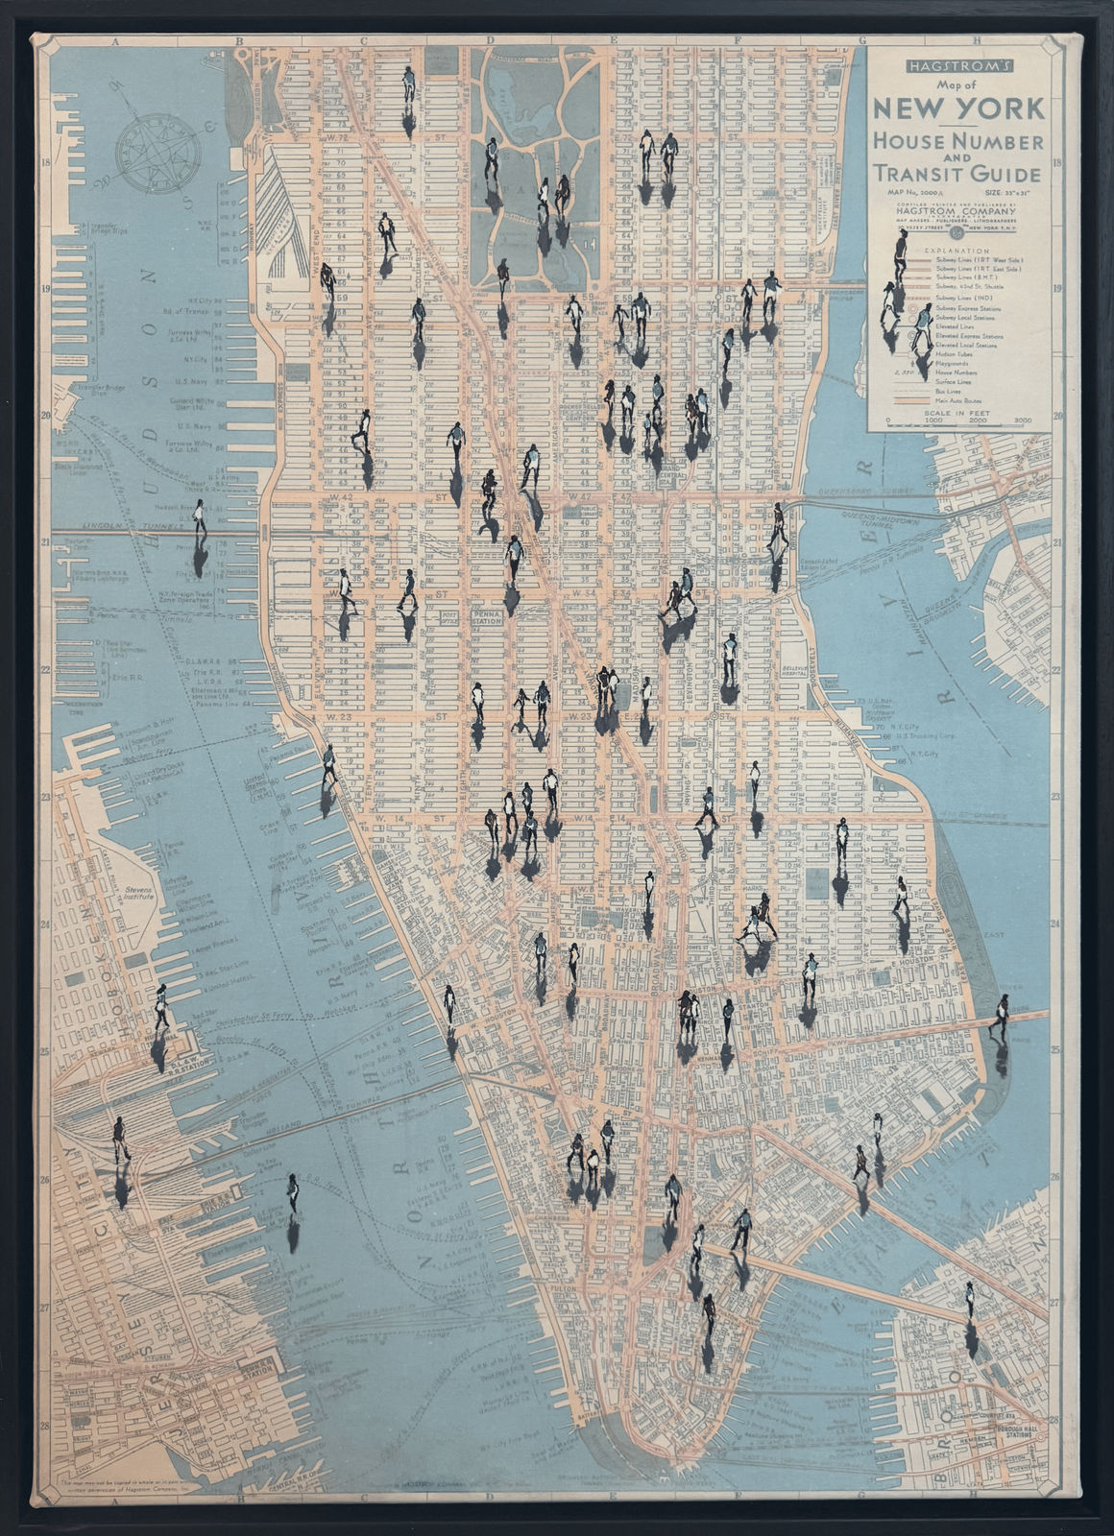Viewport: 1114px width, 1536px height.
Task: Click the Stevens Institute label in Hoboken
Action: pos(140,894)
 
